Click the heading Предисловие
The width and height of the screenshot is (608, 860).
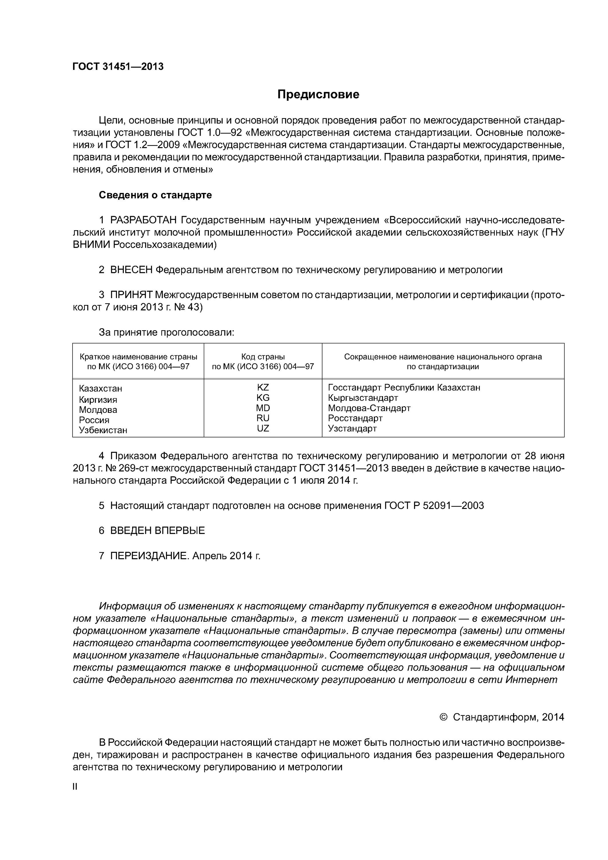(x=318, y=94)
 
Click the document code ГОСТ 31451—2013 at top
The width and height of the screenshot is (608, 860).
(x=118, y=67)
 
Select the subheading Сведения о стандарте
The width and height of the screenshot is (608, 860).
(x=155, y=195)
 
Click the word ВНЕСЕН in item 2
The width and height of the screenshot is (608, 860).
(x=131, y=270)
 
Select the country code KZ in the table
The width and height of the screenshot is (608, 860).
(x=263, y=388)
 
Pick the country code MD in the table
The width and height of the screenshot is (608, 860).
(x=263, y=408)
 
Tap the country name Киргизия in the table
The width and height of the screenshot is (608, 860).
(x=98, y=400)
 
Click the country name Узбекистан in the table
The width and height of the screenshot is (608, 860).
(x=103, y=430)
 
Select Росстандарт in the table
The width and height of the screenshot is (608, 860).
(x=355, y=418)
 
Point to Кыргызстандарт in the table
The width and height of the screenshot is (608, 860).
(x=363, y=398)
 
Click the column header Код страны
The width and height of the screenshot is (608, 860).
(x=263, y=357)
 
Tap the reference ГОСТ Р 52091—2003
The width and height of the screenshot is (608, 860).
(x=434, y=506)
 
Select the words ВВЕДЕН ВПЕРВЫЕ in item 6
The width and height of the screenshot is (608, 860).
(x=157, y=530)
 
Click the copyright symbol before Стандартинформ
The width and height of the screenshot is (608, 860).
(x=443, y=717)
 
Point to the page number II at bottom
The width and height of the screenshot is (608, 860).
(x=75, y=787)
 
